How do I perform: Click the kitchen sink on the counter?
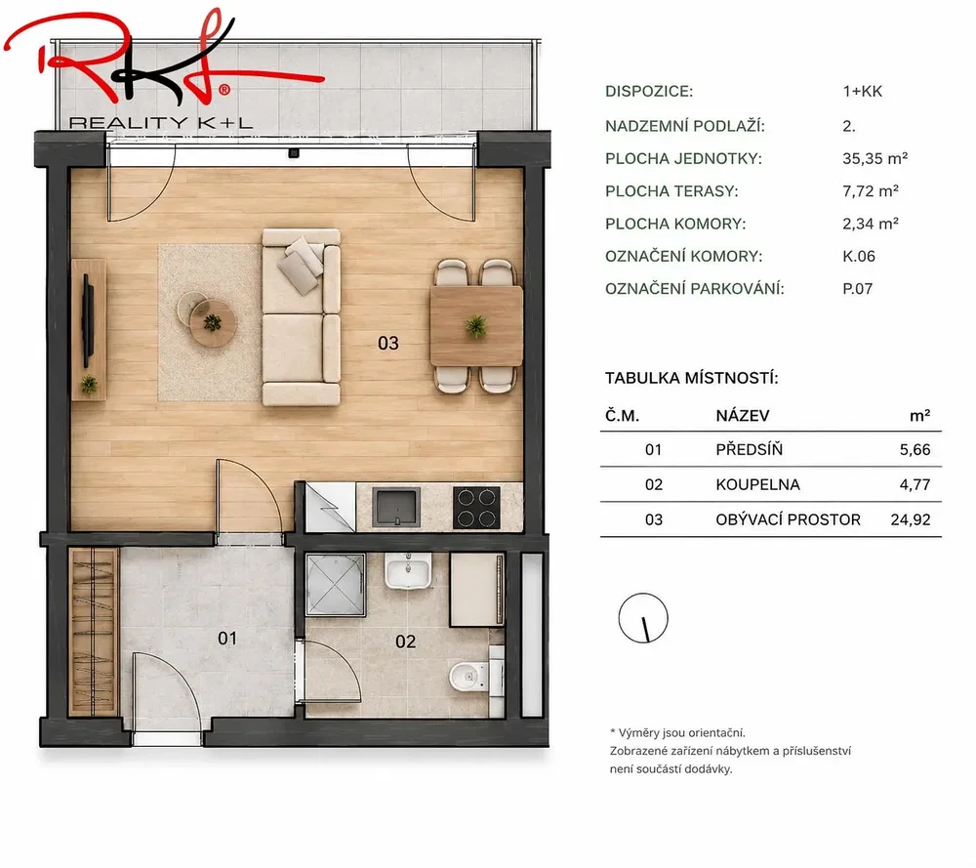tap(396, 506)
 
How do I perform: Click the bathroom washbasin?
tap(408, 570)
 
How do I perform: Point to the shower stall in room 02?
tap(336, 584)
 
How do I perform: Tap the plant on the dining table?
tap(476, 325)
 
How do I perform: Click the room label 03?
tap(387, 343)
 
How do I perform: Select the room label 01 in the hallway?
tap(227, 639)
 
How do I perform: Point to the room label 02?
tap(405, 641)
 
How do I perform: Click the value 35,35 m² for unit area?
tap(874, 158)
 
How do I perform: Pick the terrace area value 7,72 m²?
tap(871, 190)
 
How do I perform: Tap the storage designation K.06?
tap(858, 256)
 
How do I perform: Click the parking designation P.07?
tap(857, 288)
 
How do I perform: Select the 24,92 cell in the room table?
tap(910, 519)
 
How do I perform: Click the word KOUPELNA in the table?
tap(757, 484)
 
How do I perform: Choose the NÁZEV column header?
tap(743, 415)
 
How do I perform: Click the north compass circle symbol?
tap(643, 618)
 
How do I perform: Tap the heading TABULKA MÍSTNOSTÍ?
tap(692, 378)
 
